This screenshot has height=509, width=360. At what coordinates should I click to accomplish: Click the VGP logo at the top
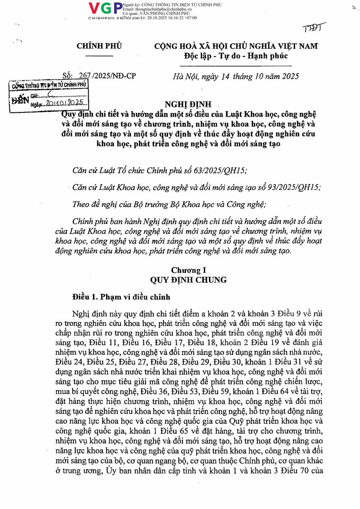(105, 8)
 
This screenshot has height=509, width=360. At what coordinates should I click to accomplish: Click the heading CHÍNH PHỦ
(99, 47)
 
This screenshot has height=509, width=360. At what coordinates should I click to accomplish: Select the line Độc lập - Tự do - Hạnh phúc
(236, 56)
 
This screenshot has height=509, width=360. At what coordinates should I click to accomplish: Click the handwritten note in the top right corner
(314, 28)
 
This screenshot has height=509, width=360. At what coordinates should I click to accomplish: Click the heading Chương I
(188, 270)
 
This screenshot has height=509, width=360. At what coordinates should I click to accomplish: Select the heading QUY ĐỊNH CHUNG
(188, 280)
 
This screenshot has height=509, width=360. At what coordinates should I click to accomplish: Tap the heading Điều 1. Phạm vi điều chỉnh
(121, 297)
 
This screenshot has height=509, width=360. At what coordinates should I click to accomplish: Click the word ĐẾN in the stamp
(20, 99)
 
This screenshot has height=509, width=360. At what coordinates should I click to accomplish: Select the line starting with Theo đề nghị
(169, 204)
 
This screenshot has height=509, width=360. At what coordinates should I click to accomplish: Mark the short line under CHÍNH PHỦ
(99, 56)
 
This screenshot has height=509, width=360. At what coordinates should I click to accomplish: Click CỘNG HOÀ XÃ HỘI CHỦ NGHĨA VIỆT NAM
(236, 46)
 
